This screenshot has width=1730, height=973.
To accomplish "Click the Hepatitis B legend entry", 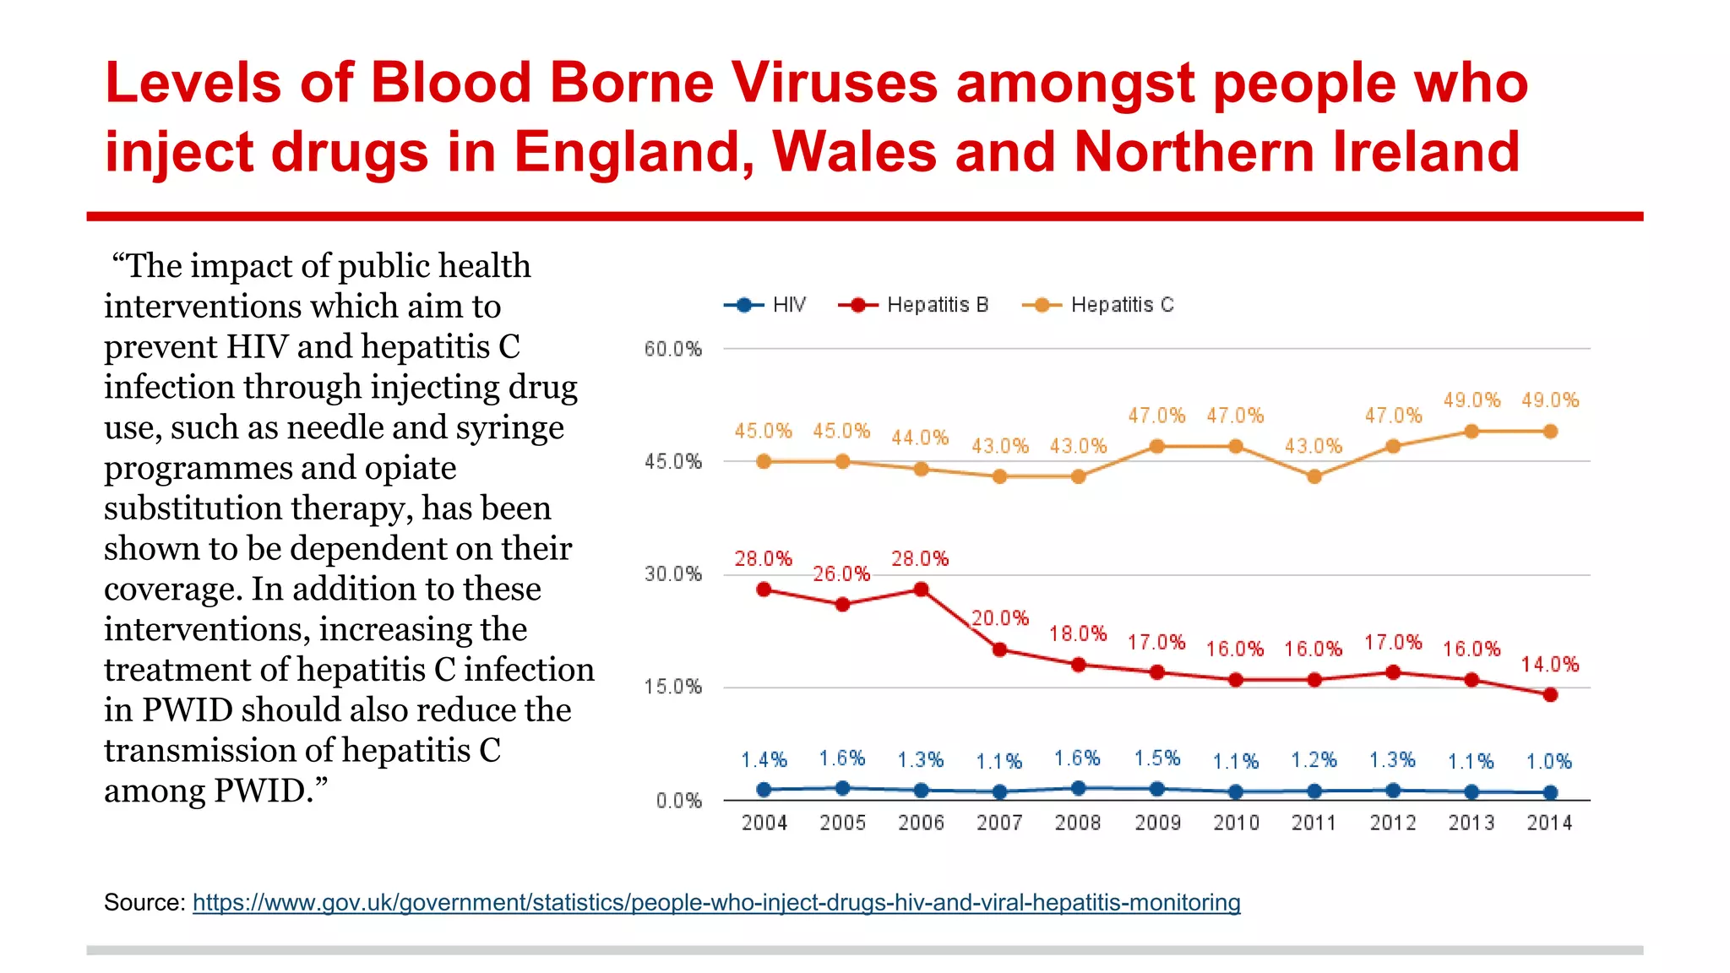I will coord(914,305).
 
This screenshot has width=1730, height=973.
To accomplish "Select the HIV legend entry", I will coord(766,305).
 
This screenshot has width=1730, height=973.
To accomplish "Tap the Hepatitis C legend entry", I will coord(1098,305).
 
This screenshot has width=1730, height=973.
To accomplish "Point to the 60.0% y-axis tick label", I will coord(673,349).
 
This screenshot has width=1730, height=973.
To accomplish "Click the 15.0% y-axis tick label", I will coord(673,687).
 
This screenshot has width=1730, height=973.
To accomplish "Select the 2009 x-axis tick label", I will coord(1157,823).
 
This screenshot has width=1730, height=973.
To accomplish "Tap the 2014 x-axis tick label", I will coord(1549,823).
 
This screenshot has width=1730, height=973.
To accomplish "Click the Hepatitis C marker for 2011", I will coord(1314,476).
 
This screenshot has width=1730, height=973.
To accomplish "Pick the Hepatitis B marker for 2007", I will coord(1000,650).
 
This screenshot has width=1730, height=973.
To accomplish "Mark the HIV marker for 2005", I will coord(842,788).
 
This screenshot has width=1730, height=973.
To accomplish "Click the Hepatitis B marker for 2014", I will coord(1550,695).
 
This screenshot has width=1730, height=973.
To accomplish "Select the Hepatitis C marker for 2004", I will coord(764,461).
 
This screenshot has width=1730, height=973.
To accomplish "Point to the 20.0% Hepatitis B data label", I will coord(1000,618).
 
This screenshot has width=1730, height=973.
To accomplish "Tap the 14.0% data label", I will coord(1550,665).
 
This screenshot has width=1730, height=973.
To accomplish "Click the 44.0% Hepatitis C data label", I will coord(921,438).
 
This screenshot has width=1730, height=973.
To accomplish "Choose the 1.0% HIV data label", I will coord(1549,762).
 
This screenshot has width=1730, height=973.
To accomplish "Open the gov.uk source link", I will coord(716,902).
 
